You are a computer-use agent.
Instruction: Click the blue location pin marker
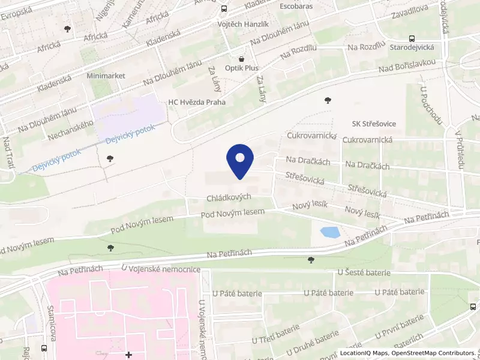240,161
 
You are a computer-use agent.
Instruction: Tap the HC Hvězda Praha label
197,102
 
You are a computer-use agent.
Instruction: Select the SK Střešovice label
374,124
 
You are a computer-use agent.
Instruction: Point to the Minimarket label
105,76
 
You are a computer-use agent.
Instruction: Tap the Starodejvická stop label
412,46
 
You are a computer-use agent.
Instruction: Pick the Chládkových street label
229,197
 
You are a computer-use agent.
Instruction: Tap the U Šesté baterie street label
364,272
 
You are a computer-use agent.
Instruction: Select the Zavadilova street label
409,11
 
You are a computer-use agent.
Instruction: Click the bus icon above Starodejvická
412,37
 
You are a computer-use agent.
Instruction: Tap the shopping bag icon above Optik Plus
242,59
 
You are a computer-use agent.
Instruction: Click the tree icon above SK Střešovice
327,100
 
